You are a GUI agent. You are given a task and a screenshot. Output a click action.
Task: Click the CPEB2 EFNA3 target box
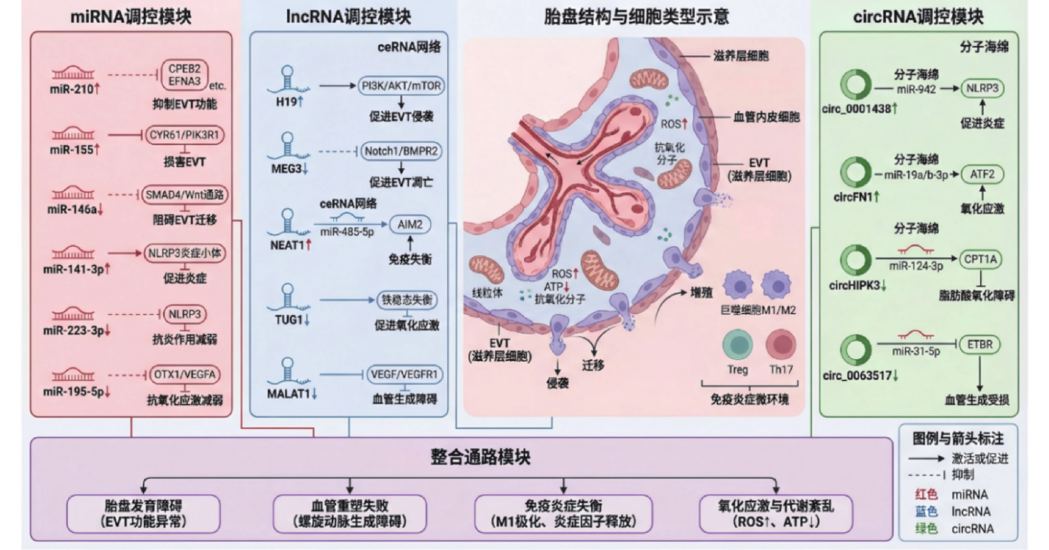point(184,75)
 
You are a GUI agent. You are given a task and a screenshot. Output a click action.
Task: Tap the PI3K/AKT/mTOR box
point(401,86)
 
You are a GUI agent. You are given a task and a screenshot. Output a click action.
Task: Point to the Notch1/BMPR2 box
point(401,151)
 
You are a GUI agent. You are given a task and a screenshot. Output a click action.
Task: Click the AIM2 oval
point(410,224)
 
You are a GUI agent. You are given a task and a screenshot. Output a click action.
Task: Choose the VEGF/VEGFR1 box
point(404,374)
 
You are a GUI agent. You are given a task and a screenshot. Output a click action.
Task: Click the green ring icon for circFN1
point(856,172)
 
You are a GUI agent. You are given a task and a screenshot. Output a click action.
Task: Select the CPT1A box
point(981,259)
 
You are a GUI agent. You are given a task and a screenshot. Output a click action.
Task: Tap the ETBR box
point(980,344)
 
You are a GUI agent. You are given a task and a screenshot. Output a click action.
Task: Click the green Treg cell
point(738,344)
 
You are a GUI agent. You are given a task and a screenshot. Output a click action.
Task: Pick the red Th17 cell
point(781,344)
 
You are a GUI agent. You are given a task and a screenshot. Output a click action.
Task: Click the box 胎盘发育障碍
point(143,513)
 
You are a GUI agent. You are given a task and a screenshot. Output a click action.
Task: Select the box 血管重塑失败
point(349,513)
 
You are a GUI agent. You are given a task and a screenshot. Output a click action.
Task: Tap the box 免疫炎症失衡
point(563,513)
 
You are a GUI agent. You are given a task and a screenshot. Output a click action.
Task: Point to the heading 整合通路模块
point(481,457)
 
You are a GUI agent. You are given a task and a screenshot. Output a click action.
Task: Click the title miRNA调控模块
point(131,17)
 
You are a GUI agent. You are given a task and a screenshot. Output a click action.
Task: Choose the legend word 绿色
point(926,529)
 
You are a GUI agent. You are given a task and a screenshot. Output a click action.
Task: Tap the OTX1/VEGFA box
point(184,375)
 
